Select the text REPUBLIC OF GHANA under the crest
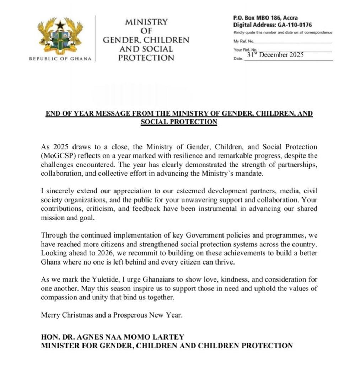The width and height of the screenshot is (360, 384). (x=60, y=59)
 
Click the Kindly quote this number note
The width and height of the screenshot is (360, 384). (x=283, y=33)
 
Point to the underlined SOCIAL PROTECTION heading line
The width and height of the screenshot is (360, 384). (x=179, y=122)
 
